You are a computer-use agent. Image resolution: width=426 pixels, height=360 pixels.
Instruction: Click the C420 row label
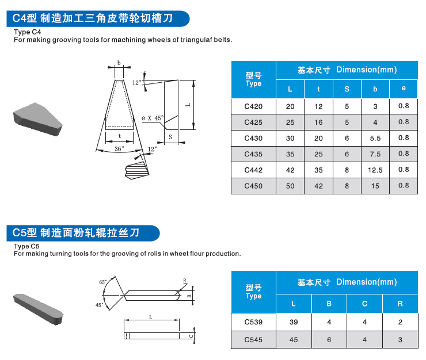coord(253,106)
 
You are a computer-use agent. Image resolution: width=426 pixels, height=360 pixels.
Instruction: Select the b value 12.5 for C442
coord(375,170)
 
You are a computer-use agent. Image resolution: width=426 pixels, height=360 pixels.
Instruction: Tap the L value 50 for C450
coord(290,186)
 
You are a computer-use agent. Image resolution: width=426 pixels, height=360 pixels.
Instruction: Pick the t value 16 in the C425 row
coord(319,122)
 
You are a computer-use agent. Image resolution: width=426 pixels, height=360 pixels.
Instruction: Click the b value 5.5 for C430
coord(375,139)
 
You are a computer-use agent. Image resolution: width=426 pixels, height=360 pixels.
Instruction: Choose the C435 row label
coord(253,154)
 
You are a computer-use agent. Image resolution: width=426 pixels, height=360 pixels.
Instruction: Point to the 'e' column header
coord(404,89)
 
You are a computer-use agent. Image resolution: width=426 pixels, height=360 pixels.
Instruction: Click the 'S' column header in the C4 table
coord(347,89)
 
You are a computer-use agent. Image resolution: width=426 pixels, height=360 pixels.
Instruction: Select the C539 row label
coord(253,322)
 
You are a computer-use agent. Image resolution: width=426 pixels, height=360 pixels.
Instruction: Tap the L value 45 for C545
coord(294,340)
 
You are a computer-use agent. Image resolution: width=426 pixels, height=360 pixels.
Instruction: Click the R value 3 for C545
coord(400,340)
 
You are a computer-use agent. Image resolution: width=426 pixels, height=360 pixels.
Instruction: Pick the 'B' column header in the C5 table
coord(329,303)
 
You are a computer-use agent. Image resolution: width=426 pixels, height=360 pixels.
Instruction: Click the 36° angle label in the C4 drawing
coord(119,148)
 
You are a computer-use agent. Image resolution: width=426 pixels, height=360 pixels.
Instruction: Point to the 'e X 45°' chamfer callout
coord(153,118)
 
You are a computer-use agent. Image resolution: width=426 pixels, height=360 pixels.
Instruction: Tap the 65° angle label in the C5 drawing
coord(102,282)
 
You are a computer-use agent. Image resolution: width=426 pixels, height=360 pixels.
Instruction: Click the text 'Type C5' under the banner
coord(26,246)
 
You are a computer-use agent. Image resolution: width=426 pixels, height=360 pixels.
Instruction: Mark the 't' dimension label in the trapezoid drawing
coord(119,136)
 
